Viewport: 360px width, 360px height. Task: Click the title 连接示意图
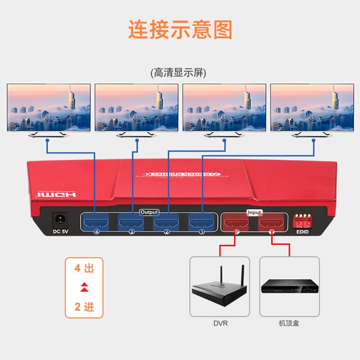tap(180, 30)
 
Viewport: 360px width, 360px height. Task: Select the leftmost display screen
tap(49, 108)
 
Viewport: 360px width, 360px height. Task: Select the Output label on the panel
tap(149, 211)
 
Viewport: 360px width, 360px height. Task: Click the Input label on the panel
tap(254, 212)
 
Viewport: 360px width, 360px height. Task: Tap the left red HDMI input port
tap(236, 222)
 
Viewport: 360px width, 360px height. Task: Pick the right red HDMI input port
tap(271, 222)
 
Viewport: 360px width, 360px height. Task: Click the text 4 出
tap(84, 269)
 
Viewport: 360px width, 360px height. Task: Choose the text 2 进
tap(84, 307)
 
